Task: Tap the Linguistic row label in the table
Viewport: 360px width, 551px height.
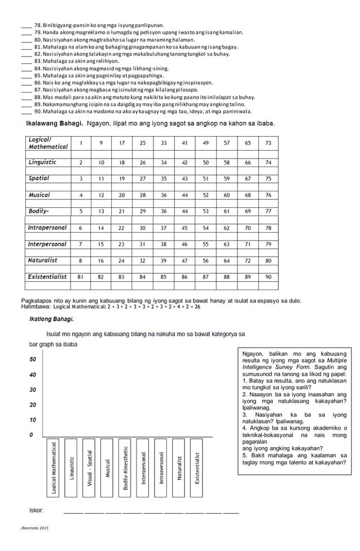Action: click(x=42, y=162)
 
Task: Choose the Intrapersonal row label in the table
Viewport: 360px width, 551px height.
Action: click(x=47, y=228)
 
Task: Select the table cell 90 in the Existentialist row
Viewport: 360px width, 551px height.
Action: click(x=268, y=277)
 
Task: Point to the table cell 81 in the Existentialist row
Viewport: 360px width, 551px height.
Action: click(x=81, y=277)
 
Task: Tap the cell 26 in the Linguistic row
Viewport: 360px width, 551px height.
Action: click(x=142, y=163)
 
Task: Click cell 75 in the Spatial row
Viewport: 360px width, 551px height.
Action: click(x=268, y=178)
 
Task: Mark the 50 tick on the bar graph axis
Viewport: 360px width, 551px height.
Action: click(x=33, y=359)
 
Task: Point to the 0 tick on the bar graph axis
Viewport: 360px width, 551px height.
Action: click(x=32, y=435)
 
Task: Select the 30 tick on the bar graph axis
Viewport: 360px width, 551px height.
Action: click(x=33, y=390)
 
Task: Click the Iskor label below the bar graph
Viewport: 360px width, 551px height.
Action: click(x=37, y=510)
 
